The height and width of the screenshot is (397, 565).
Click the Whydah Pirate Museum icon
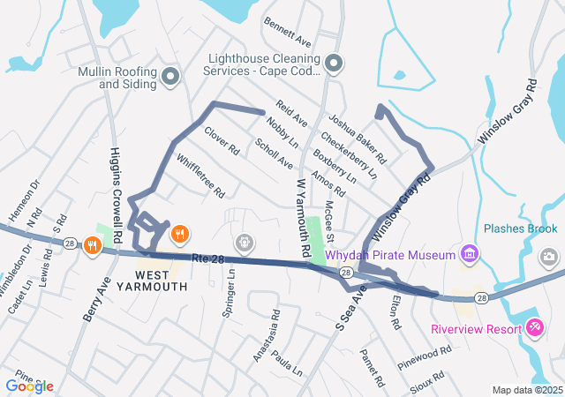(470, 255)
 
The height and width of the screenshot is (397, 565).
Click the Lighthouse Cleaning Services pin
(333, 64)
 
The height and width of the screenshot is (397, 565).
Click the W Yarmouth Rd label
(301, 218)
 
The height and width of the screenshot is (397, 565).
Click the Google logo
(29, 386)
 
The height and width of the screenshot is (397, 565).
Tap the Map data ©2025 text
(526, 390)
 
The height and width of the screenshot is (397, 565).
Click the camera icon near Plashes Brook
(550, 256)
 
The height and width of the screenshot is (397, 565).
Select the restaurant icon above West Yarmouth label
(179, 234)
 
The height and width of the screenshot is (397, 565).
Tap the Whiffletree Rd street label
(200, 176)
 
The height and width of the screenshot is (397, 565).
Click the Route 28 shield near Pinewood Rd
(480, 299)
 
